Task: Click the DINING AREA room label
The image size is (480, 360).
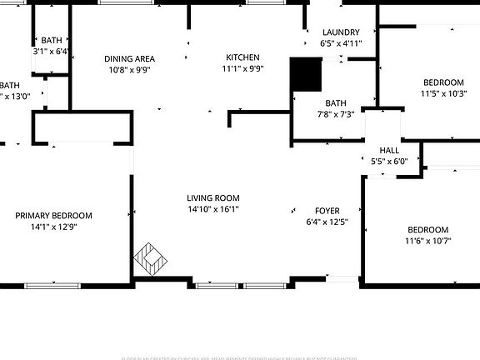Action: coord(129,58)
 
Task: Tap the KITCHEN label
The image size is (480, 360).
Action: coord(242,57)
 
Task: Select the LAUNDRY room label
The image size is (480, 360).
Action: coord(341,32)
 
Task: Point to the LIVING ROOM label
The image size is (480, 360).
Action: coord(213,197)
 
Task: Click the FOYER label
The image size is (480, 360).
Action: coord(327,211)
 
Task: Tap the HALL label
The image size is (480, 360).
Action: coord(389,150)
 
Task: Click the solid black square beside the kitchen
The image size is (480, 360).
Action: coord(305,75)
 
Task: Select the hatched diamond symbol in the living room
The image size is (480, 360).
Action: coord(151,259)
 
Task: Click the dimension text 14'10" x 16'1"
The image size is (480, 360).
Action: coord(213,209)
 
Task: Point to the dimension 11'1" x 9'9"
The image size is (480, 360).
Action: coord(242,69)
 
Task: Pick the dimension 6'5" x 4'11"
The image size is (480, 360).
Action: coord(341,43)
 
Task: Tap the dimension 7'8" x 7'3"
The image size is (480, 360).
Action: coord(336,115)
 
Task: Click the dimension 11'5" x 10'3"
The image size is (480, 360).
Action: coord(443,94)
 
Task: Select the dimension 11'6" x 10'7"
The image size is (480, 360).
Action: coord(427,242)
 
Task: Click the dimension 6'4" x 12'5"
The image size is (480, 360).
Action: coord(327,222)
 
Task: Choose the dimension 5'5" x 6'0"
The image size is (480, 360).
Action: coord(389,162)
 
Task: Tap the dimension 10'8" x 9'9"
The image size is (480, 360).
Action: coord(129,70)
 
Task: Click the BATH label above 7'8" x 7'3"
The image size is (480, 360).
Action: coord(336,103)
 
